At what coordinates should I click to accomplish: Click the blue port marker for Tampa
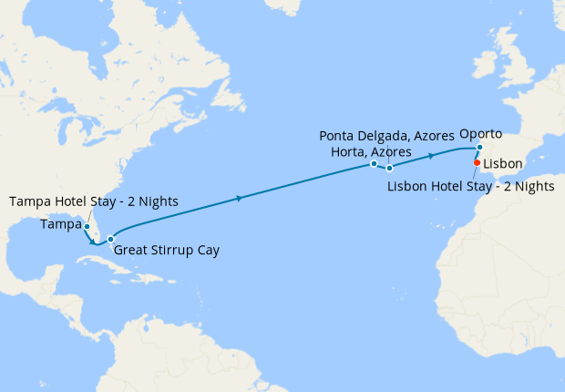[87, 226]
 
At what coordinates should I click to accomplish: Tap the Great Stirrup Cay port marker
[110, 239]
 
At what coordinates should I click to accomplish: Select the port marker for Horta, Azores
[374, 164]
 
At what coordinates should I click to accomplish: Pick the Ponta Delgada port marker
[389, 168]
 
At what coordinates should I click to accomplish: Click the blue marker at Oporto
[479, 147]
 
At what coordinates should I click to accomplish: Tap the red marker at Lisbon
[477, 163]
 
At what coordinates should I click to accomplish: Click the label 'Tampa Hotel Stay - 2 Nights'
[93, 201]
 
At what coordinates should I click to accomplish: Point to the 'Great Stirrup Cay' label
[166, 249]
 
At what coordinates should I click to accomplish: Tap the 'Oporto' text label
[481, 133]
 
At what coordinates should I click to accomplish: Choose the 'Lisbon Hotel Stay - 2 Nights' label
[471, 186]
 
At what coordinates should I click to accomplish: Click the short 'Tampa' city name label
[60, 223]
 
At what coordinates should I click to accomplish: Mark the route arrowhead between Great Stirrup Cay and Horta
[239, 198]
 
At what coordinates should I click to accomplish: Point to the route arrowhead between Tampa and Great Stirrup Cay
[94, 242]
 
